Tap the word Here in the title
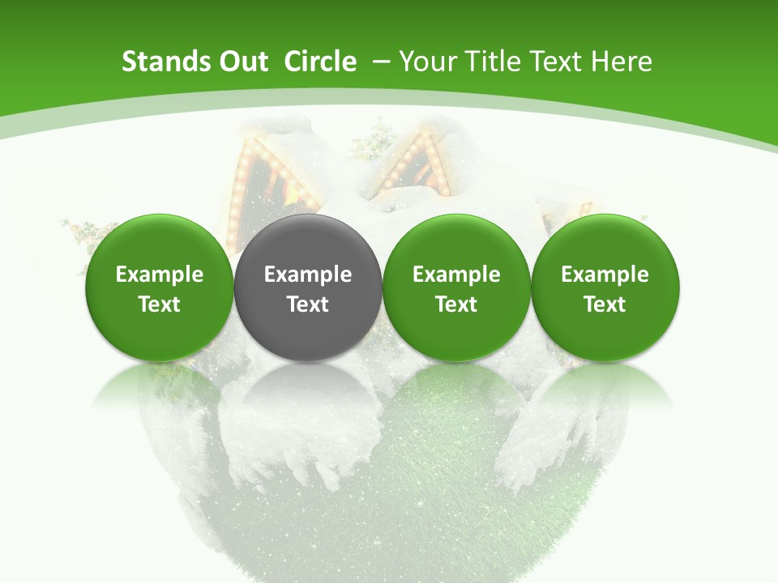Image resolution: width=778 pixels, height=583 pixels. [621, 62]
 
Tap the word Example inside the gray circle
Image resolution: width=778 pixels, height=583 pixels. [308, 274]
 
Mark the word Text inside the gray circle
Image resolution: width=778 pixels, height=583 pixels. [308, 304]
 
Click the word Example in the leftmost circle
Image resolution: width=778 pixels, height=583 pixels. [160, 274]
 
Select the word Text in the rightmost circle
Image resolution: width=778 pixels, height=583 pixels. [605, 304]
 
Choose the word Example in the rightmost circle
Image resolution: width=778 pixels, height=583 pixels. [605, 274]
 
